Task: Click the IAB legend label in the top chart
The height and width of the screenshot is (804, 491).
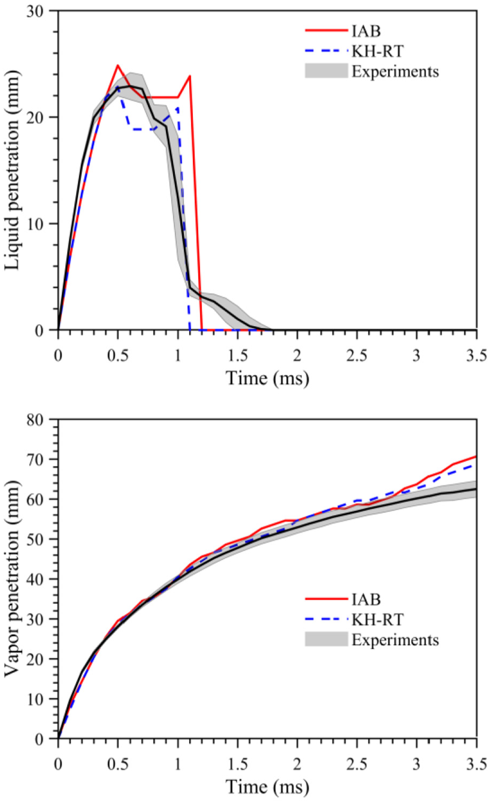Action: point(366,31)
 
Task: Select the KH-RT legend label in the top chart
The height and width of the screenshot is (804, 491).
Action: point(377,51)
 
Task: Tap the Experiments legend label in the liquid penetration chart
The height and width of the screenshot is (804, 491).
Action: point(395,71)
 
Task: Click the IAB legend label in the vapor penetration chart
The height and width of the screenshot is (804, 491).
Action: point(366,599)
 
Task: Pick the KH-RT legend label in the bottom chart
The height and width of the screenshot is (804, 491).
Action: point(377,620)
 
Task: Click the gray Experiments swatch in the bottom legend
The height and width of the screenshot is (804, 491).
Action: point(326,639)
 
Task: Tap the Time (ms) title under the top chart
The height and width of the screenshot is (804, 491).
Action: point(267,378)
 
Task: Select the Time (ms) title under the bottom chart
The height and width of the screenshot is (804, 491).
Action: point(267,787)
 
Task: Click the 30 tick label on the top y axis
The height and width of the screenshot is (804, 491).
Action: point(34,11)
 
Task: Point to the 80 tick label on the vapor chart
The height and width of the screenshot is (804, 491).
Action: point(34,419)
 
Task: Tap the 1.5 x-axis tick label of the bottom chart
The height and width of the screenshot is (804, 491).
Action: point(237,764)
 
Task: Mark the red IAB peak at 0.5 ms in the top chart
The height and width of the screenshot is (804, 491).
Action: point(117,65)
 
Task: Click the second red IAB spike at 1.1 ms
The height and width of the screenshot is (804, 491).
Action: point(190,76)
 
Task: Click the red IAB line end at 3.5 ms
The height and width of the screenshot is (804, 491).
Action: point(477,456)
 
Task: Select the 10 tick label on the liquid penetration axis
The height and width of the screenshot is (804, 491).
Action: point(34,223)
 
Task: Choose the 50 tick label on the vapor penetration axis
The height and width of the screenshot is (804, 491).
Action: point(34,539)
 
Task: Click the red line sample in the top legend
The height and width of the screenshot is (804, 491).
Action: point(326,31)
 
